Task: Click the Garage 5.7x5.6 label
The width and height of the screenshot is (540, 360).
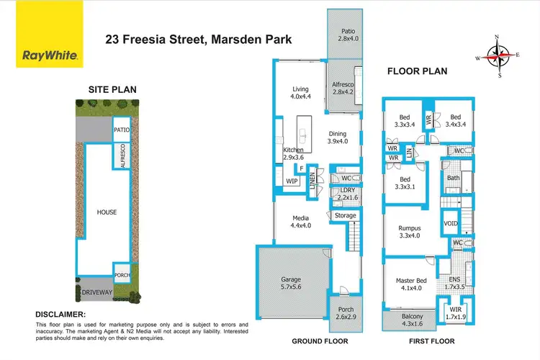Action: [292, 282]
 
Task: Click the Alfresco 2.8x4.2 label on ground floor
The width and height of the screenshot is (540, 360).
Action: [343, 88]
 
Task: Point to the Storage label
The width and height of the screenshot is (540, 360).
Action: [345, 215]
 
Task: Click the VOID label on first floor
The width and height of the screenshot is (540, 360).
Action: [451, 224]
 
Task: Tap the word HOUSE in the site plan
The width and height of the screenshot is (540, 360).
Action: [107, 212]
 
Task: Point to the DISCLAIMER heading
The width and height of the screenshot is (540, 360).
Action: [60, 315]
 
